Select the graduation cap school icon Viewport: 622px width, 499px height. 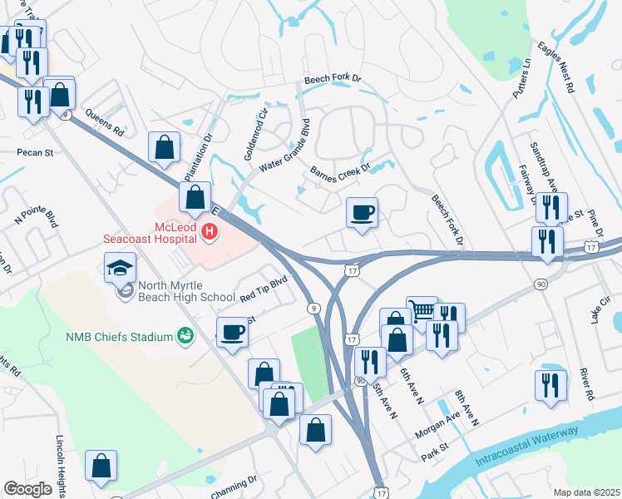pyautogui.click(x=120, y=268)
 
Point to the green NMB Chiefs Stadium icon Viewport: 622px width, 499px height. pyautogui.click(x=185, y=337)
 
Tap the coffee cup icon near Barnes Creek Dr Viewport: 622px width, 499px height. pyautogui.click(x=362, y=213)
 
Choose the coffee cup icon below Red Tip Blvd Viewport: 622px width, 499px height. pyautogui.click(x=232, y=332)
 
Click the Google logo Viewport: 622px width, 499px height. pyautogui.click(x=28, y=489)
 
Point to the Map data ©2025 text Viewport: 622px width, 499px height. pyautogui.click(x=586, y=492)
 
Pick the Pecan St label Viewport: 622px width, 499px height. pyautogui.click(x=35, y=153)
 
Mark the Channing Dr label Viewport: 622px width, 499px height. pyautogui.click(x=235, y=487)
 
